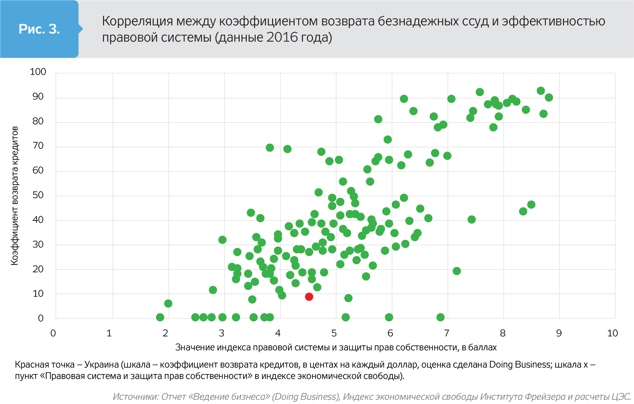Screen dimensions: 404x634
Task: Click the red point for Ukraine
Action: [x=309, y=297]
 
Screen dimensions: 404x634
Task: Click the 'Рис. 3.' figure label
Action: [x=39, y=29]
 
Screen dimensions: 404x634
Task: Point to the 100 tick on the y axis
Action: [x=38, y=72]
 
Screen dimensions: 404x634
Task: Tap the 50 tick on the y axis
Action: [x=38, y=195]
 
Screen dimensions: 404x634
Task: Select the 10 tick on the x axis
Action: [x=613, y=333]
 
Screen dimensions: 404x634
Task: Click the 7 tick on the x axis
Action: [x=446, y=333]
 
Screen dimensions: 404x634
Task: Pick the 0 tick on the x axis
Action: [x=53, y=333]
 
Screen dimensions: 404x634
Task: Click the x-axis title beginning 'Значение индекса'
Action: [x=336, y=347]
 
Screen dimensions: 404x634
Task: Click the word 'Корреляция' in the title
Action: [x=137, y=21]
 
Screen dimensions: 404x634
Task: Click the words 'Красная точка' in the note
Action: [x=45, y=365]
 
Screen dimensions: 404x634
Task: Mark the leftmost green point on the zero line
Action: [x=160, y=317]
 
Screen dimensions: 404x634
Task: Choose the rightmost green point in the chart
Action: [x=549, y=98]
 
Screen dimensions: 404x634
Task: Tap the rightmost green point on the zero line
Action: [x=441, y=317]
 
